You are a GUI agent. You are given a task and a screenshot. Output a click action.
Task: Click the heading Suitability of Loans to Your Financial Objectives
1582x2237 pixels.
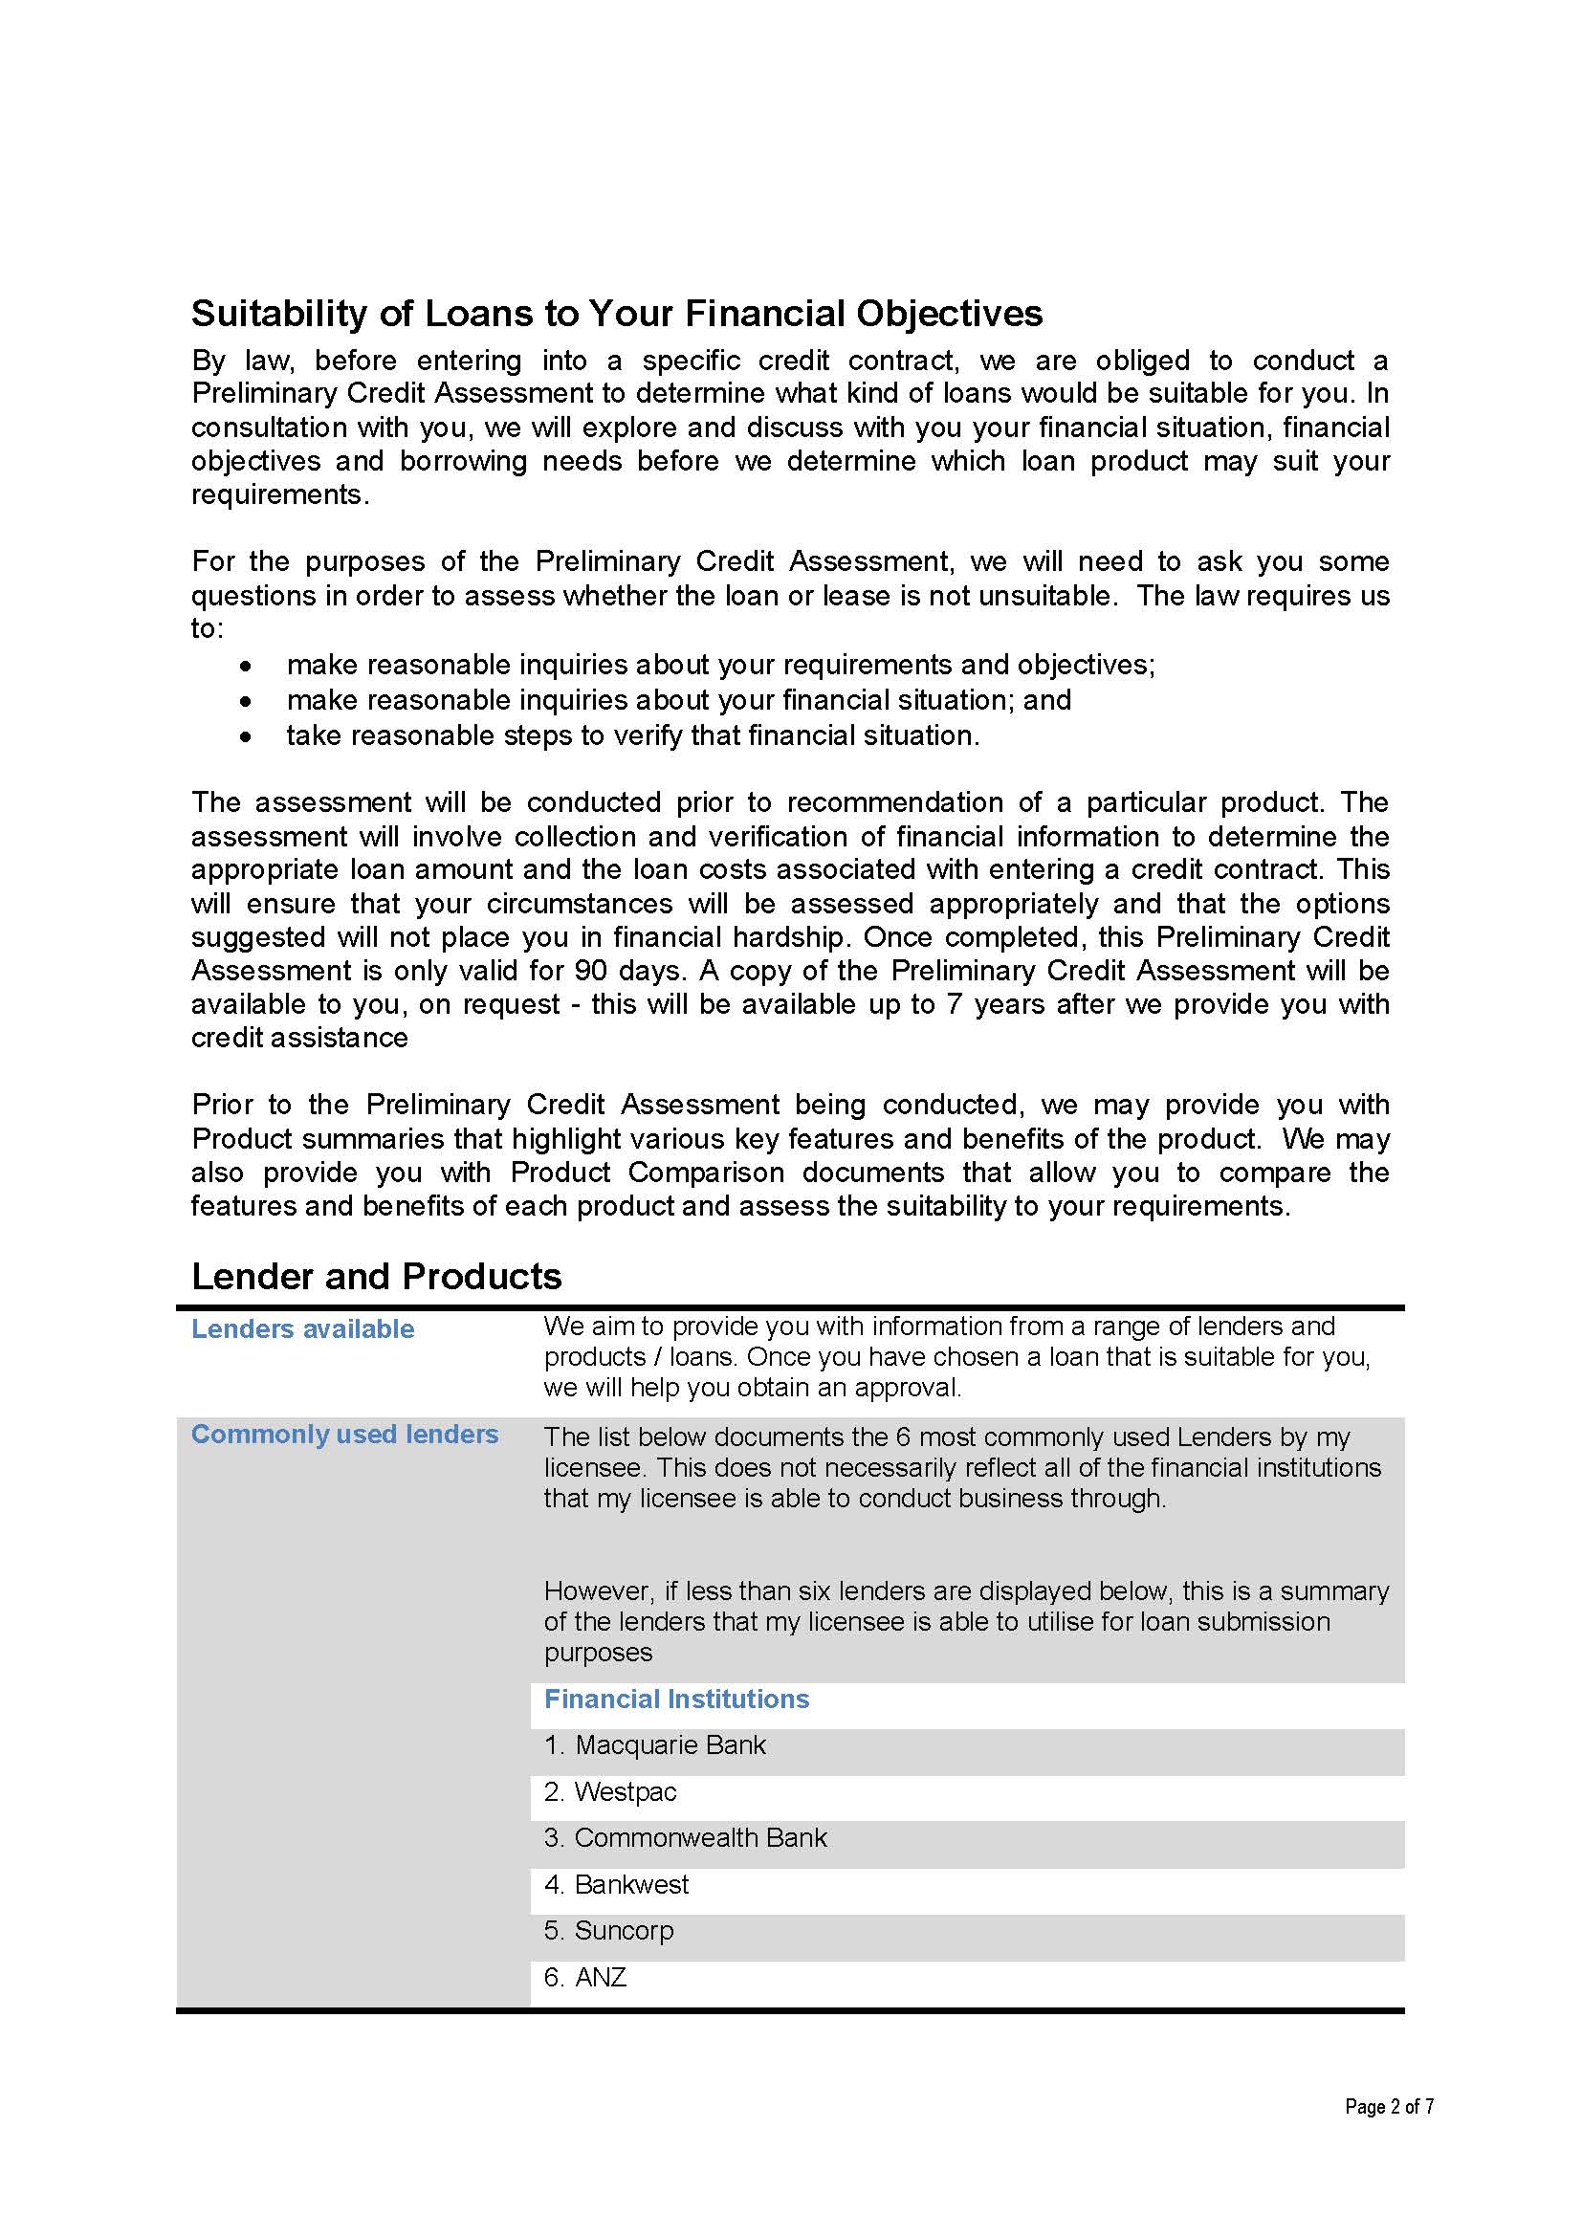point(616,314)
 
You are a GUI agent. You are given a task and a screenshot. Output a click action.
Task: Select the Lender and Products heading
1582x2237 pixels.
point(376,1277)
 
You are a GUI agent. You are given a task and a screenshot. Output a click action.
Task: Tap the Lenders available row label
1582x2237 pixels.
point(302,1329)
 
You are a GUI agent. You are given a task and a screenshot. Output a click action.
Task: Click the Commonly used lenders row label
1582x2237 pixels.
point(344,1435)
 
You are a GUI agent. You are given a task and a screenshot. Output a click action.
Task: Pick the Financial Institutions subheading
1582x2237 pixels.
point(676,1700)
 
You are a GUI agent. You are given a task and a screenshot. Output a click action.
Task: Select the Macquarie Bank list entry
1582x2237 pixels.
point(654,1745)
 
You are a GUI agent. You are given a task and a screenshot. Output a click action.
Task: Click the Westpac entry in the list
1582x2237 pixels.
point(610,1791)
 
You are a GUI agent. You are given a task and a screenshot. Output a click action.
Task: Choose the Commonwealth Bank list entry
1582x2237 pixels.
point(685,1837)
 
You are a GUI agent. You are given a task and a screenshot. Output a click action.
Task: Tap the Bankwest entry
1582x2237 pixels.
point(616,1884)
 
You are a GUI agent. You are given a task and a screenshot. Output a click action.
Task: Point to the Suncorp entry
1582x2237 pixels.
point(609,1930)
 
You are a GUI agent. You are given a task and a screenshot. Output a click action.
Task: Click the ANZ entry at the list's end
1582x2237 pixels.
point(585,1977)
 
